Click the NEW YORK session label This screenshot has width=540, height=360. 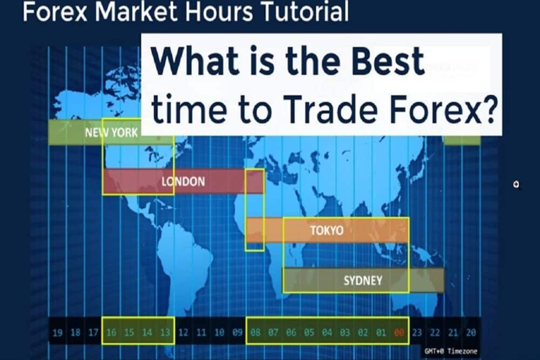(x=111, y=133)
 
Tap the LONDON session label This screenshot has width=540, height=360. (x=183, y=181)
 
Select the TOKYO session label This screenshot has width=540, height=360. (x=327, y=230)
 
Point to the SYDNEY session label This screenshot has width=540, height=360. (x=363, y=281)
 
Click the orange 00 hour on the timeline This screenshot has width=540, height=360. (x=399, y=332)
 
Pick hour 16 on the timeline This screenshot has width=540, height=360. (x=111, y=332)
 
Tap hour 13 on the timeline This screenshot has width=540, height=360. (x=165, y=332)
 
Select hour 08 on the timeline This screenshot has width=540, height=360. (x=255, y=332)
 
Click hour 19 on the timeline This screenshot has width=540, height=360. (x=58, y=332)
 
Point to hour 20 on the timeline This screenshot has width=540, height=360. (x=471, y=332)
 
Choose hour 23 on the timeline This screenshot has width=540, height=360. (x=417, y=332)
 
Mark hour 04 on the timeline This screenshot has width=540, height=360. (x=327, y=332)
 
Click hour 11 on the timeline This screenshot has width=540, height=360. (x=201, y=332)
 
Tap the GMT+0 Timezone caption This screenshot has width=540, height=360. (x=451, y=351)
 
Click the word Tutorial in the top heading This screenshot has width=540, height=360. (x=305, y=11)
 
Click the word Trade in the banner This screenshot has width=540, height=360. (x=331, y=109)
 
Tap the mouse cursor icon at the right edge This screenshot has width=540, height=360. (x=516, y=185)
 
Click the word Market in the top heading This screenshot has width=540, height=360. (x=136, y=11)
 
